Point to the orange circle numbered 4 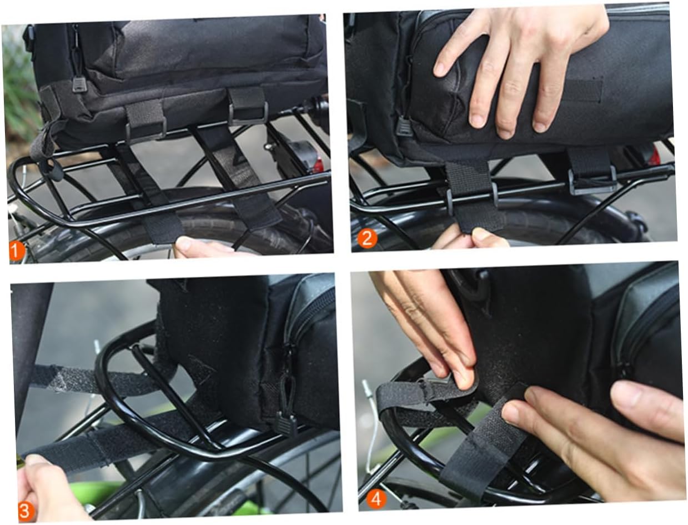pos(376,499)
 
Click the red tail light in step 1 pos(318,164)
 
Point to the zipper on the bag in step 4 pos(644,328)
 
